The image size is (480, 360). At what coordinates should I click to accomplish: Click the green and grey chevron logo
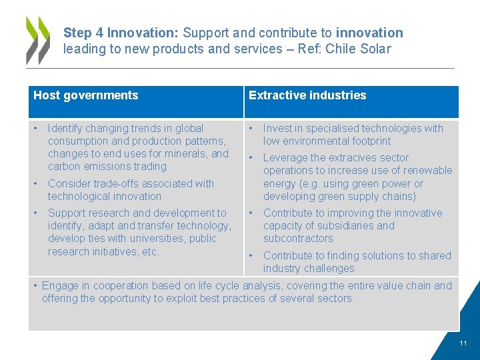38,40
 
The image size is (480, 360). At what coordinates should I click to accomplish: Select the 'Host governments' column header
86,95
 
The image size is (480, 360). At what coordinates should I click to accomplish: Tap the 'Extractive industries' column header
307,95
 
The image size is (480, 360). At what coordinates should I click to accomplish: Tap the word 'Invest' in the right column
279,128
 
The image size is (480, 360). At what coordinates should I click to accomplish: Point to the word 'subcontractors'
298,238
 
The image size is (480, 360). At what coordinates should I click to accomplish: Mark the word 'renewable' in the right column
428,171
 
